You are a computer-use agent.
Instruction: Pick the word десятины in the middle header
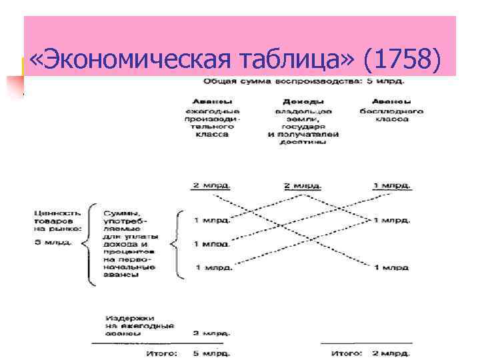(x=303, y=141)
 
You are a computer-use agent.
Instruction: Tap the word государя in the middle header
(x=303, y=126)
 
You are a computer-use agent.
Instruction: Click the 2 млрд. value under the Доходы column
(x=303, y=185)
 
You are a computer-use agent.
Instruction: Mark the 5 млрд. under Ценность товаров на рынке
(x=55, y=241)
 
